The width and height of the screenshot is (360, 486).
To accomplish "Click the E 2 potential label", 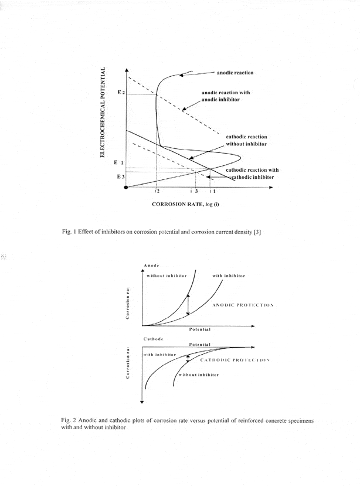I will click(121, 93).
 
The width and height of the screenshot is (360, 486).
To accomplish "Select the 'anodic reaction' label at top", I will click(235, 73).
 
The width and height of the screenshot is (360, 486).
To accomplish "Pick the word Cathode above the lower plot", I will click(153, 339).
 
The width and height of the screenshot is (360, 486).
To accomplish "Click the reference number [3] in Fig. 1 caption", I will click(257, 233).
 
